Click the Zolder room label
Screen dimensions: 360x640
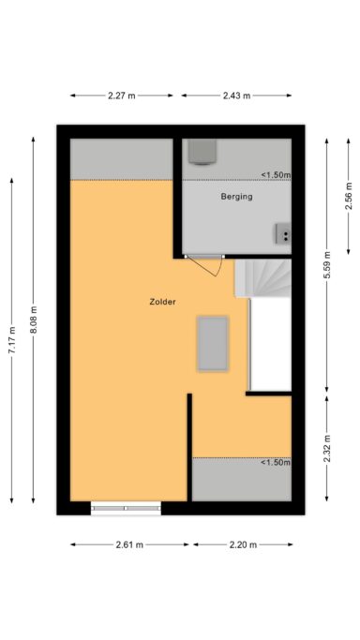pyautogui.click(x=162, y=302)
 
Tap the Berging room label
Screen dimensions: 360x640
pyautogui.click(x=236, y=197)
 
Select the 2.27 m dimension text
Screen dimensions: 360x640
pyautogui.click(x=121, y=96)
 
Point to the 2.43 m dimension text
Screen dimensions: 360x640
pyautogui.click(x=236, y=96)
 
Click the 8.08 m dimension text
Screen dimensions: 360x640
pyautogui.click(x=34, y=320)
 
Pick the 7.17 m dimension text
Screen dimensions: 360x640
pyautogui.click(x=12, y=340)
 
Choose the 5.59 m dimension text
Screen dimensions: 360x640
pyautogui.click(x=327, y=265)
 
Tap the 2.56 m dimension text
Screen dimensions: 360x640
pyautogui.click(x=349, y=196)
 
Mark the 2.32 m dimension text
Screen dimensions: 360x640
pyautogui.click(x=327, y=448)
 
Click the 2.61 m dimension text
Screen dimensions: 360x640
pyautogui.click(x=129, y=544)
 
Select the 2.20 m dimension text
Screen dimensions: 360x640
pyautogui.click(x=243, y=544)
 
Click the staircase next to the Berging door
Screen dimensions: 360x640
pyautogui.click(x=263, y=278)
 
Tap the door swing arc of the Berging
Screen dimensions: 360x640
pyautogui.click(x=219, y=267)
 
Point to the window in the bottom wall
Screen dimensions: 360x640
pyautogui.click(x=126, y=508)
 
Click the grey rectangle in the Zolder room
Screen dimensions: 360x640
pyautogui.click(x=213, y=344)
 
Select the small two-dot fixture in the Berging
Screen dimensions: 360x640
pyautogui.click(x=283, y=233)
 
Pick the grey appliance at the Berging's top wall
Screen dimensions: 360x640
pyautogui.click(x=202, y=152)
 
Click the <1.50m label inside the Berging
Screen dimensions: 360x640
pyautogui.click(x=276, y=175)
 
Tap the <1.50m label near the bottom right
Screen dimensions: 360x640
pyautogui.click(x=276, y=463)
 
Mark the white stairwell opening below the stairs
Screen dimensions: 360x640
pyautogui.click(x=271, y=344)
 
